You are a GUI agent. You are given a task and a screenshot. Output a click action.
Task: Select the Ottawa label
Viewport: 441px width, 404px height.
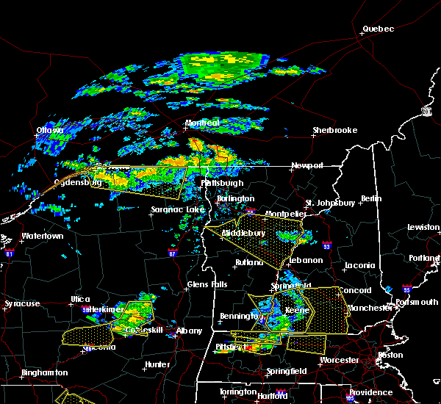pyautogui.click(x=50, y=131)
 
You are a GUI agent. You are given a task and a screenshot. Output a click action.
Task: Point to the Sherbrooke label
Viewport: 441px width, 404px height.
pyautogui.click(x=334, y=130)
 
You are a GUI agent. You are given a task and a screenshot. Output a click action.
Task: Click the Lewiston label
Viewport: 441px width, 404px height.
pyautogui.click(x=423, y=227)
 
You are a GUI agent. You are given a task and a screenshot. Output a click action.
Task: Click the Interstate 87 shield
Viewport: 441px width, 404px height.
pyautogui.click(x=172, y=253)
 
